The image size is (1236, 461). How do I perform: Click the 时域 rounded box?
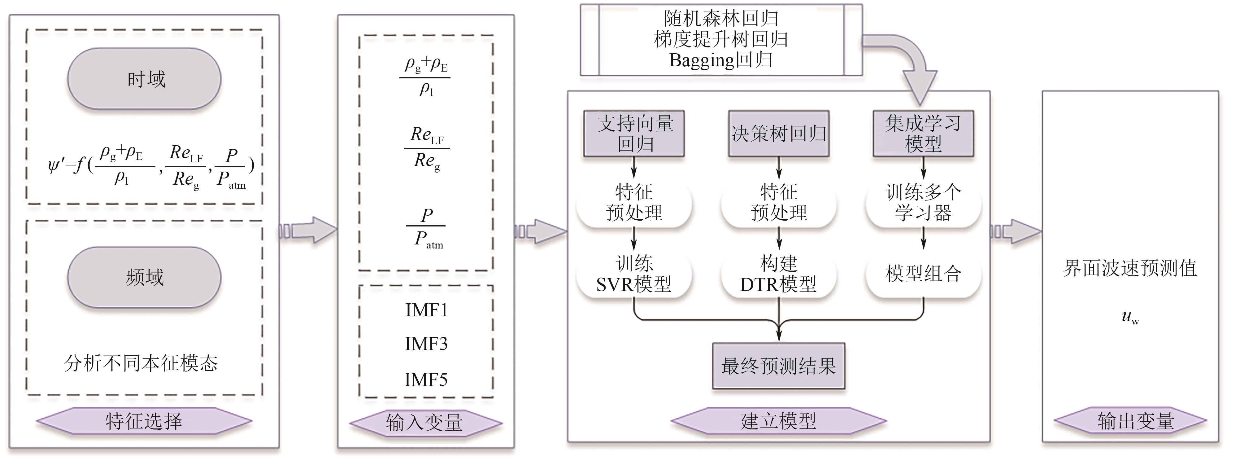(144, 79)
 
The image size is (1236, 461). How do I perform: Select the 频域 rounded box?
(144, 277)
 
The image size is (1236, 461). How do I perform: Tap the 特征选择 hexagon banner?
(144, 421)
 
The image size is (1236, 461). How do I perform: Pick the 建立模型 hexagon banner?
(778, 421)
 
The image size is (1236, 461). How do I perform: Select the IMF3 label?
(426, 344)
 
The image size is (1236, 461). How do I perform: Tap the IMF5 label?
(426, 380)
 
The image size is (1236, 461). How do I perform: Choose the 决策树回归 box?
(779, 134)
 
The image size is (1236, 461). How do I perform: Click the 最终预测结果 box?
(778, 366)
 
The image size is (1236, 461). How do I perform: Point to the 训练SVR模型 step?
(634, 274)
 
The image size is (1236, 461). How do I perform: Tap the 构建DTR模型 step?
(778, 274)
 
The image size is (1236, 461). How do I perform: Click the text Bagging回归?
(721, 60)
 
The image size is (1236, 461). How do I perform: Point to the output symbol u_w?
(1130, 317)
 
